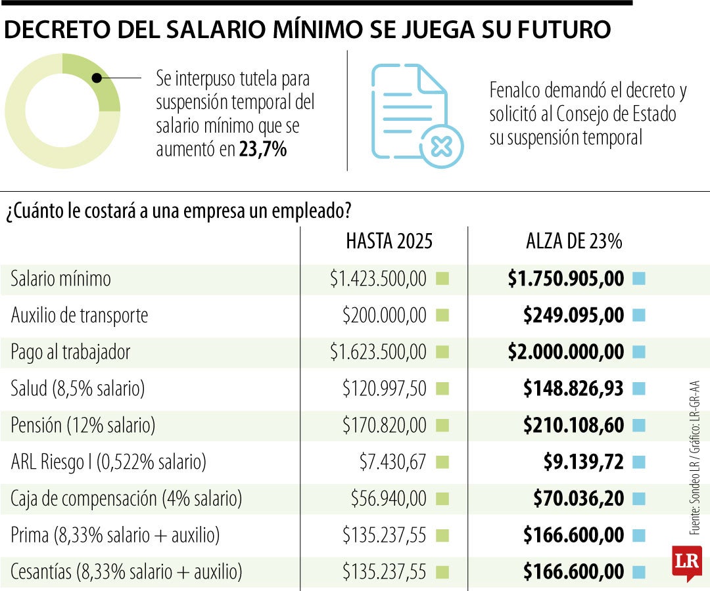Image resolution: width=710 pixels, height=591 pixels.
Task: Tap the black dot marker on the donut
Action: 97,77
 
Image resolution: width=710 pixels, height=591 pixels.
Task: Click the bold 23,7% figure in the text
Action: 262,150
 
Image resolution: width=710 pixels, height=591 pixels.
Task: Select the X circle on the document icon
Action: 441,146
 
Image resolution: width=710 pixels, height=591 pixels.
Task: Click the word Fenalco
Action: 517,91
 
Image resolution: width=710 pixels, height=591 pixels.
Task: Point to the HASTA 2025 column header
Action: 389,242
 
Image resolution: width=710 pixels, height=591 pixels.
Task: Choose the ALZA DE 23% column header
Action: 573,242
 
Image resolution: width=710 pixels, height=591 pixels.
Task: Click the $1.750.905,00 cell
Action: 565,279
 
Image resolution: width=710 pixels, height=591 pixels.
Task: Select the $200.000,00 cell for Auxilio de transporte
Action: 384,316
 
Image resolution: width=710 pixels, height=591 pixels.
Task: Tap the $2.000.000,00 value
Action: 565,352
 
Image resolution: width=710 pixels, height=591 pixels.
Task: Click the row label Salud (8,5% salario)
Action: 78,389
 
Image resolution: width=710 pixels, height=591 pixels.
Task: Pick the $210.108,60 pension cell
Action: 573,426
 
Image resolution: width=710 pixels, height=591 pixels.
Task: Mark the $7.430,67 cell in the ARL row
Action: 392,462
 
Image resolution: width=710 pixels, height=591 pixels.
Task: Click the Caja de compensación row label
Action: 126,499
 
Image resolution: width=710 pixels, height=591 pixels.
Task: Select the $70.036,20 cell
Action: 578,499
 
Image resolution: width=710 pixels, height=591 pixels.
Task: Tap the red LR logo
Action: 686,563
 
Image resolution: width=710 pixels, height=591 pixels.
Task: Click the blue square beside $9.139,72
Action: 638,462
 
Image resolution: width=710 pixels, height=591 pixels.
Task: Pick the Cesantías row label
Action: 126,572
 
